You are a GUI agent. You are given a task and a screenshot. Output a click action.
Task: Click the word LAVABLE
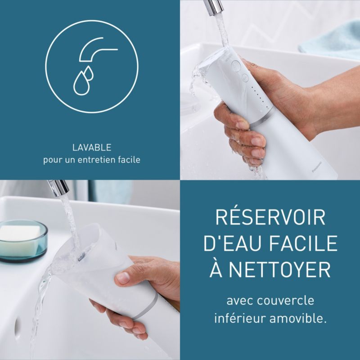tap(92, 148)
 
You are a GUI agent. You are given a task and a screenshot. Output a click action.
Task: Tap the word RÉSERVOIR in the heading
tap(270, 217)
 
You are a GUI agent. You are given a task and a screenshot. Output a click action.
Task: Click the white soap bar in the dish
tap(19, 237)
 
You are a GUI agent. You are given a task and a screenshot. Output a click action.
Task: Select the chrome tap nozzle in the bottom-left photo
tap(58, 188)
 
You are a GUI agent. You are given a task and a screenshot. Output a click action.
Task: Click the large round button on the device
tap(236, 65)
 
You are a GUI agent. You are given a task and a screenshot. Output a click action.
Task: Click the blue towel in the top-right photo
tap(331, 40)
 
